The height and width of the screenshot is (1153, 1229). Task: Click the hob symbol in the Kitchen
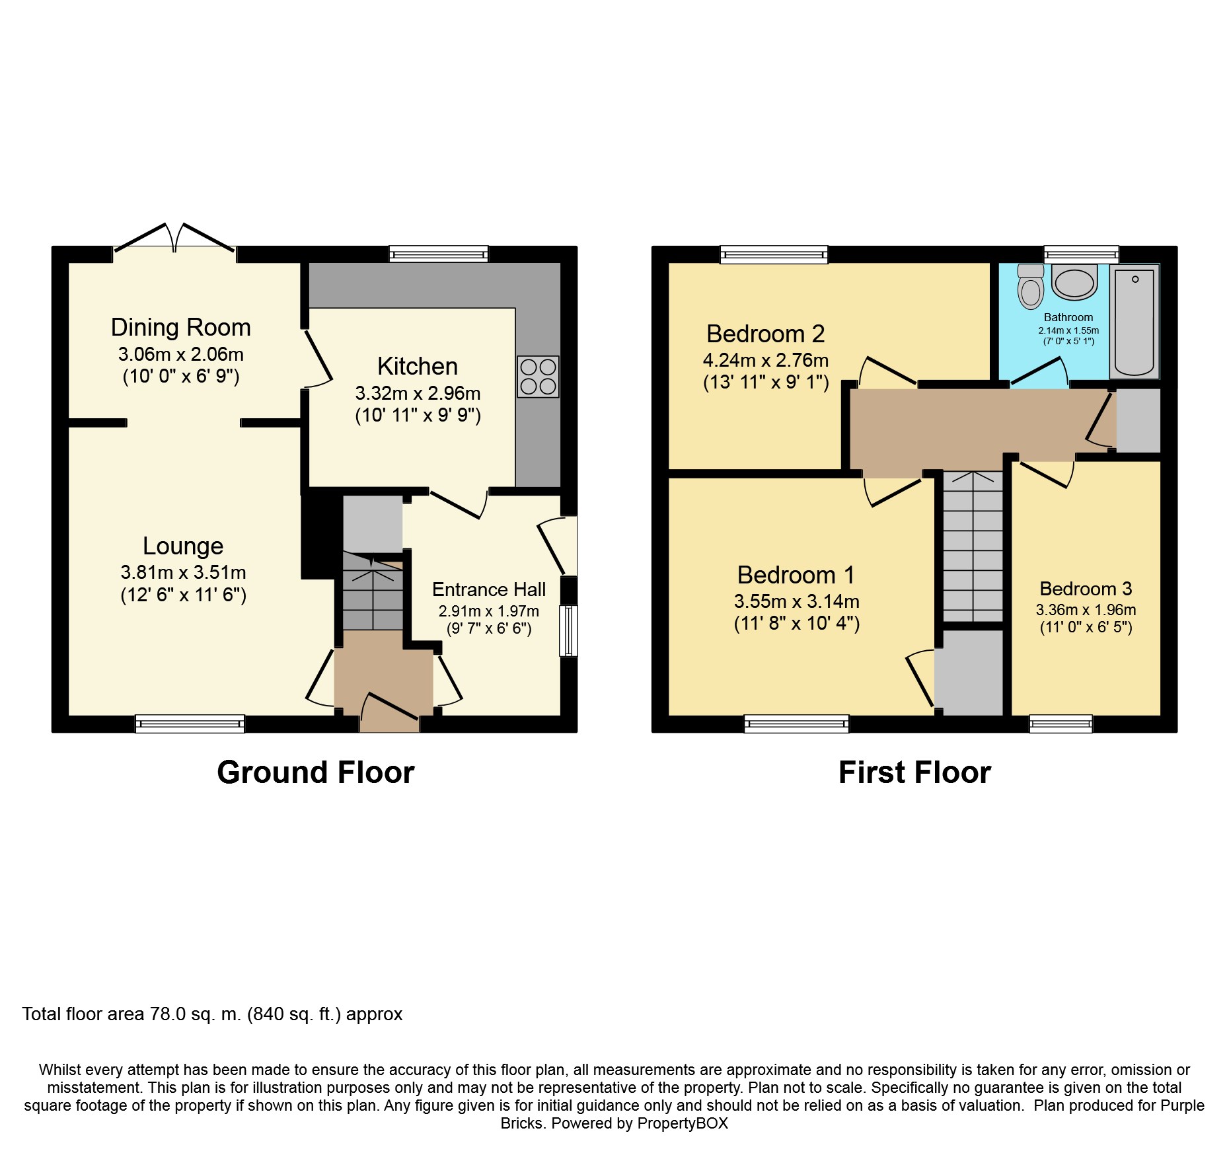538,377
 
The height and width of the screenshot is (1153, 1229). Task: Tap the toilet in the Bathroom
1031,287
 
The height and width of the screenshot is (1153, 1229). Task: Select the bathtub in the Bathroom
1135,322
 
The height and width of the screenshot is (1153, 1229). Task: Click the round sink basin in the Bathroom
1074,282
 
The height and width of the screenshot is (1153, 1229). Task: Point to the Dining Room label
180,327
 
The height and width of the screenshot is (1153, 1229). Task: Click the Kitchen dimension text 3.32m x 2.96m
418,393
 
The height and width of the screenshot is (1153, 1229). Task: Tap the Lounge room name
183,546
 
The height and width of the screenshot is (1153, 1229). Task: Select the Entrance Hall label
489,589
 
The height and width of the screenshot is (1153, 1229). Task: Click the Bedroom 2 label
766,334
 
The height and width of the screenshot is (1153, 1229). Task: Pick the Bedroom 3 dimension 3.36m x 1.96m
1086,610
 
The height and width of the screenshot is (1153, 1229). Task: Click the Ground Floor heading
316,772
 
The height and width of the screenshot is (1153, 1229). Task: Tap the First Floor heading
914,772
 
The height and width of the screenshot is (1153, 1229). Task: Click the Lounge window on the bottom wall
190,724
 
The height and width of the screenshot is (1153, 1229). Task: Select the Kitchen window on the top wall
439,254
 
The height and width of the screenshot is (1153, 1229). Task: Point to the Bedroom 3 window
1061,724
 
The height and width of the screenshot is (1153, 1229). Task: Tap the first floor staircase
973,546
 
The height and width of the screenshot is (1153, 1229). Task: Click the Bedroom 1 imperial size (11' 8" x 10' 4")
797,623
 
